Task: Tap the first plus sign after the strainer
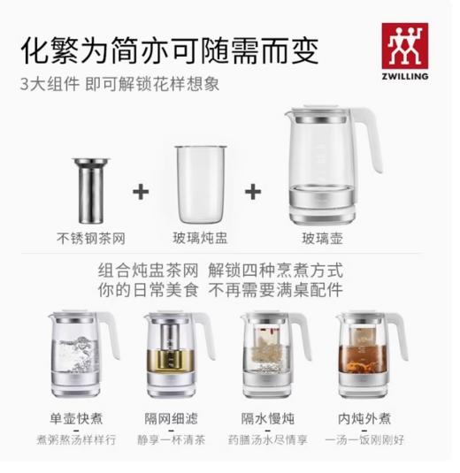click(139, 190)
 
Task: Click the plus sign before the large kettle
click(255, 190)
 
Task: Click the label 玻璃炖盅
click(200, 237)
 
